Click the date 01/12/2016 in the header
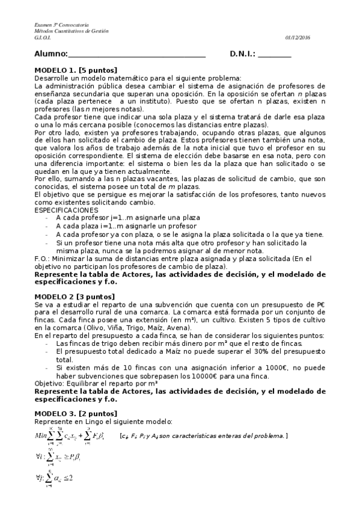pos(298,37)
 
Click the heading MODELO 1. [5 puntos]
pos(76,70)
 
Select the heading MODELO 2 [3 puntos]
pos(73,296)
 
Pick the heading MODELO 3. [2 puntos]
pos(76,413)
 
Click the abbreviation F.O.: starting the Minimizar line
pos(44,258)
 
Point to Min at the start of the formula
pos(41,435)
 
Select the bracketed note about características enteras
pos(203,435)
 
